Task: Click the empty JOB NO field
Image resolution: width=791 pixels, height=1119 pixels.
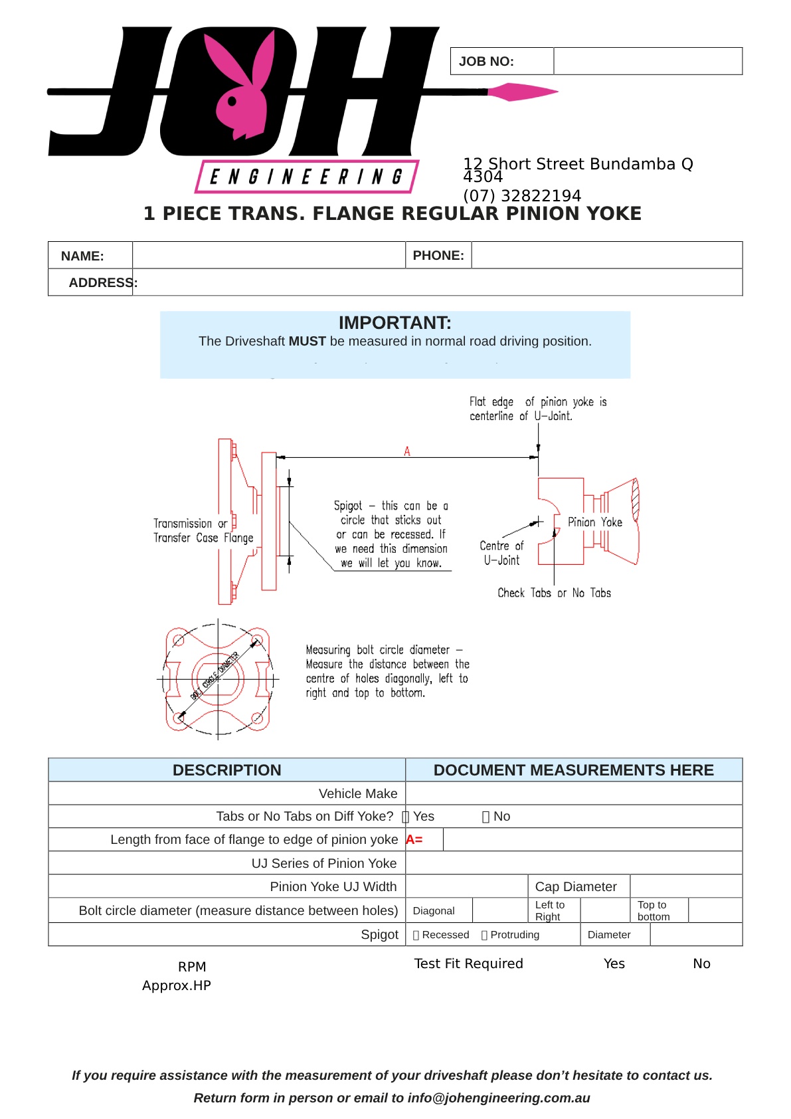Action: [648, 61]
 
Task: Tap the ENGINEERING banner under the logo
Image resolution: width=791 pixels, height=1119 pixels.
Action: [306, 177]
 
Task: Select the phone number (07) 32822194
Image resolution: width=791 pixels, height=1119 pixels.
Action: [521, 196]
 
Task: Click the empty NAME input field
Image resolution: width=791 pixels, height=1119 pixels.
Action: [268, 255]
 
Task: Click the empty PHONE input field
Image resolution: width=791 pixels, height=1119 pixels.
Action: [606, 255]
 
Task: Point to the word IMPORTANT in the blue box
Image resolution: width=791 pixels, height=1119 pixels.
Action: [395, 323]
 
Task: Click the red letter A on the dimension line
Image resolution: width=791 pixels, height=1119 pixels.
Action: [407, 452]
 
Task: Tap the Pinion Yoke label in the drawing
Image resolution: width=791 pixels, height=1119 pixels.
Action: [594, 522]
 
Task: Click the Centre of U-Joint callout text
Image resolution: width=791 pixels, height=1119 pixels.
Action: [501, 552]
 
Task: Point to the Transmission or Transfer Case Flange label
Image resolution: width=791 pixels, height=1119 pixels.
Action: [203, 531]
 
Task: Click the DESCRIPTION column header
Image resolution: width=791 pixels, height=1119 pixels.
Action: [226, 770]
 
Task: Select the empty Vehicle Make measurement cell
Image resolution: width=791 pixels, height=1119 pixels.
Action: [573, 793]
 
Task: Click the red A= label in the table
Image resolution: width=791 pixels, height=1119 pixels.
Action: [414, 840]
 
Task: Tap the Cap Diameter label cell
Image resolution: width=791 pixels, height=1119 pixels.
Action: [576, 886]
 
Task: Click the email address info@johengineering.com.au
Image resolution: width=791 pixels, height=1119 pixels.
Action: [499, 1098]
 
